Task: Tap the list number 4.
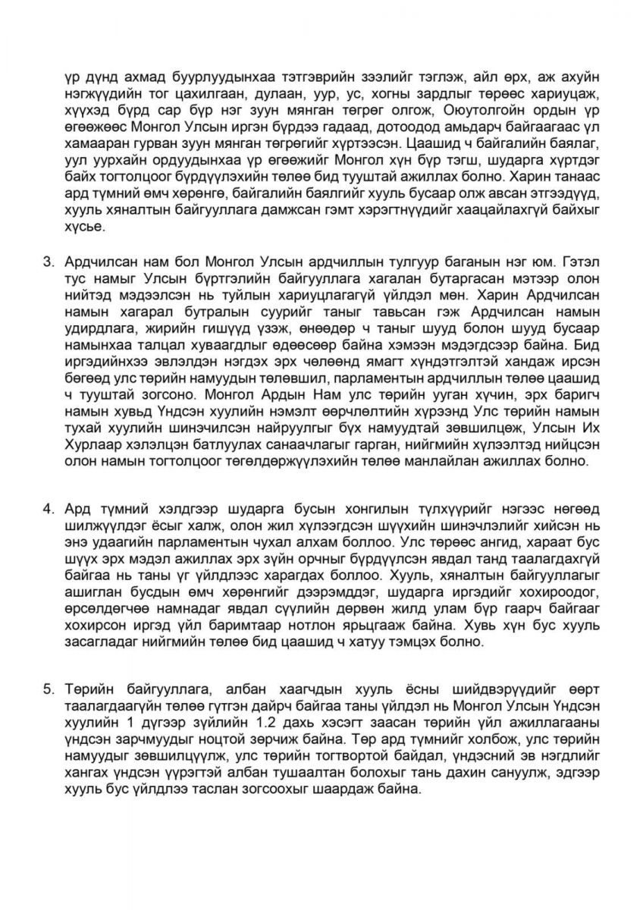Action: click(46, 508)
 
